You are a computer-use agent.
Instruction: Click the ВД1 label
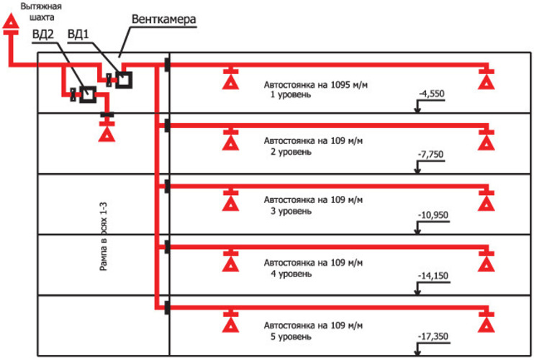coord(78,35)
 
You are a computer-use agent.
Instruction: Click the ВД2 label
coord(43,35)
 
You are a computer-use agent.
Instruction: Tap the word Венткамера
coord(164,19)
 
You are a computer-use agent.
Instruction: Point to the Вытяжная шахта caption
coord(41,12)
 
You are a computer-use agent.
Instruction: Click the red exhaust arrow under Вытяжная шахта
coord(11,21)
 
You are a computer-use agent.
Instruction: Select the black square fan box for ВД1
coord(124,80)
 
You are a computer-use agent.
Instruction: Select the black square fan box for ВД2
coord(88,94)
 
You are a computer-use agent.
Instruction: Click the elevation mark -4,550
coord(432,94)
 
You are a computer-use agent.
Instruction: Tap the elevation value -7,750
coord(431,154)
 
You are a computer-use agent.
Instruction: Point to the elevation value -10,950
coord(433,215)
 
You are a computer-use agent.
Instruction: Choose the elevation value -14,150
coord(433,276)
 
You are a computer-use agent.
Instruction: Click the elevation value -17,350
coord(433,336)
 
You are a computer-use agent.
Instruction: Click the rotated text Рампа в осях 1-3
coord(104,236)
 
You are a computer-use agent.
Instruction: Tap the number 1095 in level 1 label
coord(340,84)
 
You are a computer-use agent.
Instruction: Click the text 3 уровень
coord(291,211)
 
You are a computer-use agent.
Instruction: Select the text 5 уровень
coord(291,337)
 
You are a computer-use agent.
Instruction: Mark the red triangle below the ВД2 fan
coord(107,134)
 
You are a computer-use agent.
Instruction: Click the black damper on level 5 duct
coord(167,308)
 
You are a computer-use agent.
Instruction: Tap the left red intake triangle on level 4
coord(230,264)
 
